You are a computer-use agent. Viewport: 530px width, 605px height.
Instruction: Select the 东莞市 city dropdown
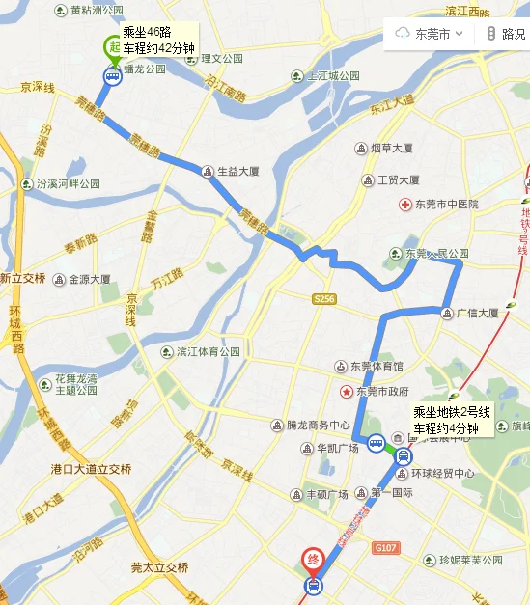431,34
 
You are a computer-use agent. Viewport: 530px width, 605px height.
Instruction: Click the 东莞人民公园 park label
435,254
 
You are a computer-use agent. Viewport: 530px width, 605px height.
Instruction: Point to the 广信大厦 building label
476,313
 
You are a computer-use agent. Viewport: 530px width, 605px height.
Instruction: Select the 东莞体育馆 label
375,367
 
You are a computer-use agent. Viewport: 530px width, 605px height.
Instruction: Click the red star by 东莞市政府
346,391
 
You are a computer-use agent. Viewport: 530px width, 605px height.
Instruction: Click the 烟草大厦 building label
391,148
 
